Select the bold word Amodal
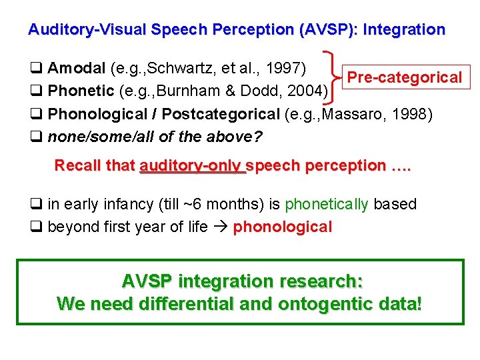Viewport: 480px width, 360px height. [x=77, y=68]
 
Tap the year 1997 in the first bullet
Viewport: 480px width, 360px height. [x=284, y=68]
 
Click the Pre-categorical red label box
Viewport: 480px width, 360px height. [x=405, y=77]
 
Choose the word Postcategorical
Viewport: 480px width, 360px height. [x=221, y=113]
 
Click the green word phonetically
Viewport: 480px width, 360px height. [x=327, y=204]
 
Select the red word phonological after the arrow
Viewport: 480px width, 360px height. [x=282, y=227]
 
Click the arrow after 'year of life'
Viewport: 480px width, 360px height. [x=221, y=227]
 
